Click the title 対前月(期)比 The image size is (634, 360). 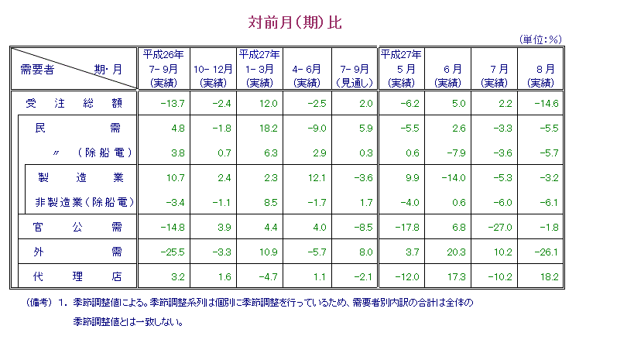click(x=295, y=22)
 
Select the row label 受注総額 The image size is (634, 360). click(x=74, y=103)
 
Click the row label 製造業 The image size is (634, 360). click(x=81, y=177)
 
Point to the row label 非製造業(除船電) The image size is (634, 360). click(x=84, y=202)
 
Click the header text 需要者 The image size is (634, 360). click(x=36, y=69)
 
